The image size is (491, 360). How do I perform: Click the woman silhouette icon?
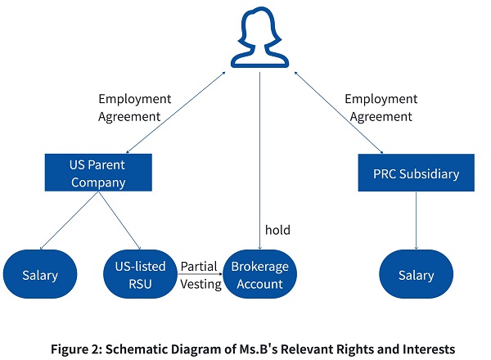tap(259, 37)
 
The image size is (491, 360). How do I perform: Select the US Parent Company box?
tap(98, 173)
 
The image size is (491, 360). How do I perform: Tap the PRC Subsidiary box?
tap(417, 173)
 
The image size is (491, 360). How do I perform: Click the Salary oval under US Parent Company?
tap(40, 274)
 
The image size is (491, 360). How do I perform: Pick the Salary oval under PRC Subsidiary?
tap(417, 274)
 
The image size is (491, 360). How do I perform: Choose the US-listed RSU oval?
tap(140, 274)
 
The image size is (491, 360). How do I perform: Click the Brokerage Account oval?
tap(260, 274)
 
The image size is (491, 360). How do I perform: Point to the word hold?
tap(277, 230)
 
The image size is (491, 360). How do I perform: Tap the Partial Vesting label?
tap(200, 276)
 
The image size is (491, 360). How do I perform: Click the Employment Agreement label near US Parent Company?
tap(135, 108)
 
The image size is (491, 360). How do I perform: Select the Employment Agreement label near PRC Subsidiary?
tap(381, 108)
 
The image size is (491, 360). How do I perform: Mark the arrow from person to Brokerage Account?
tap(259, 160)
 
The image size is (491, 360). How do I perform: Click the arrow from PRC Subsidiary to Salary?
tap(417, 220)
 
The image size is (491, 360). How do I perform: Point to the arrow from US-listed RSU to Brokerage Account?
tap(200, 274)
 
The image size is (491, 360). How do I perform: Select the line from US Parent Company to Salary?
tap(70, 221)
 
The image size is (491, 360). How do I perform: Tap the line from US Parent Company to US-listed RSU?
tap(119, 221)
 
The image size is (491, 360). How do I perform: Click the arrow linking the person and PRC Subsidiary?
tap(339, 113)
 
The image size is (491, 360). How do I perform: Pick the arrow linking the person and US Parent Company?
tap(176, 112)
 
